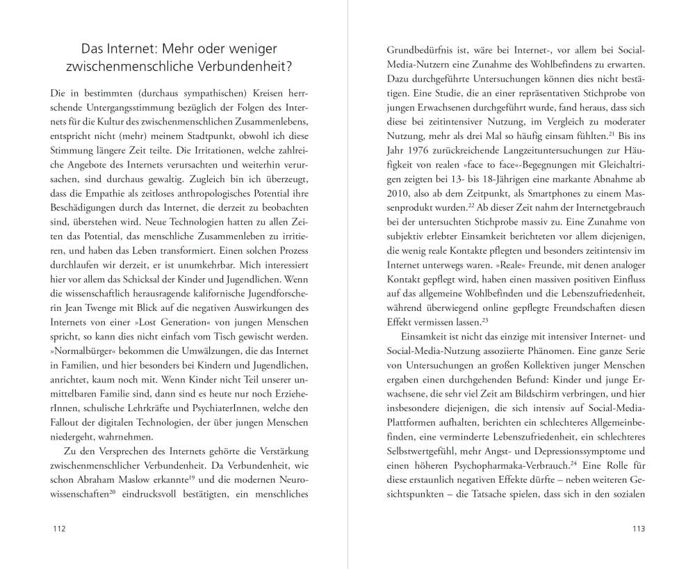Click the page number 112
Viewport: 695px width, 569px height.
pyautogui.click(x=59, y=529)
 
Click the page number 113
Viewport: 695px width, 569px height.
pyautogui.click(x=639, y=529)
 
